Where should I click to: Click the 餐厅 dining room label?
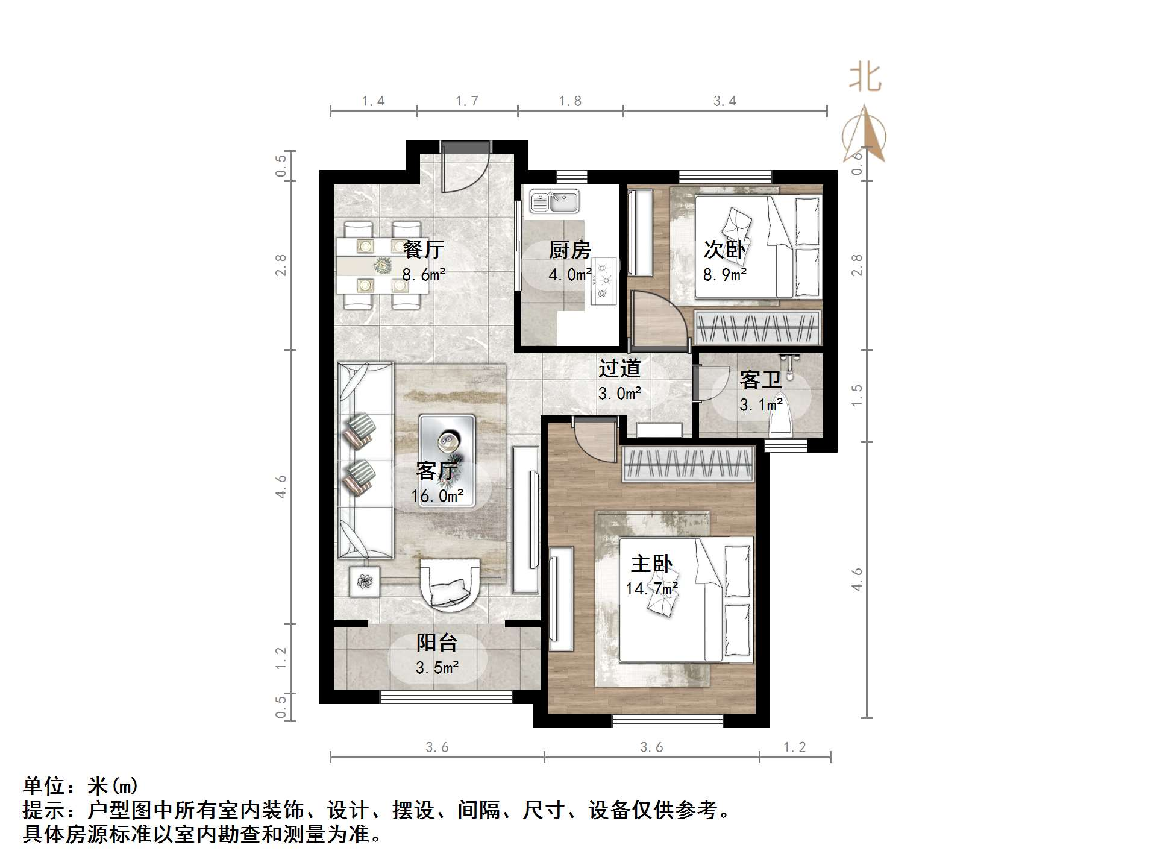(x=423, y=249)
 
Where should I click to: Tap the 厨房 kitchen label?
(x=569, y=250)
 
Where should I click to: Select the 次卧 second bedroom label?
(x=724, y=250)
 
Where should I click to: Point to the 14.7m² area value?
(x=651, y=588)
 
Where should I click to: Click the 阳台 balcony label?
(x=436, y=643)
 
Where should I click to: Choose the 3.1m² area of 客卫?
(x=761, y=404)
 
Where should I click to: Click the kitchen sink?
(x=554, y=201)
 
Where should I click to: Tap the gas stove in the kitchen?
(x=604, y=280)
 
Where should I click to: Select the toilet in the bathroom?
(x=782, y=423)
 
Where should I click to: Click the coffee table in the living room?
(x=447, y=459)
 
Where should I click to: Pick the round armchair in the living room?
(x=450, y=583)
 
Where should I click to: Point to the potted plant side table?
(x=365, y=582)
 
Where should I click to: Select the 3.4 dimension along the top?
(x=724, y=101)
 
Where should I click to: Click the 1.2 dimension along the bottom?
(x=794, y=747)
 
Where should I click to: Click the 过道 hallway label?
(x=619, y=368)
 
